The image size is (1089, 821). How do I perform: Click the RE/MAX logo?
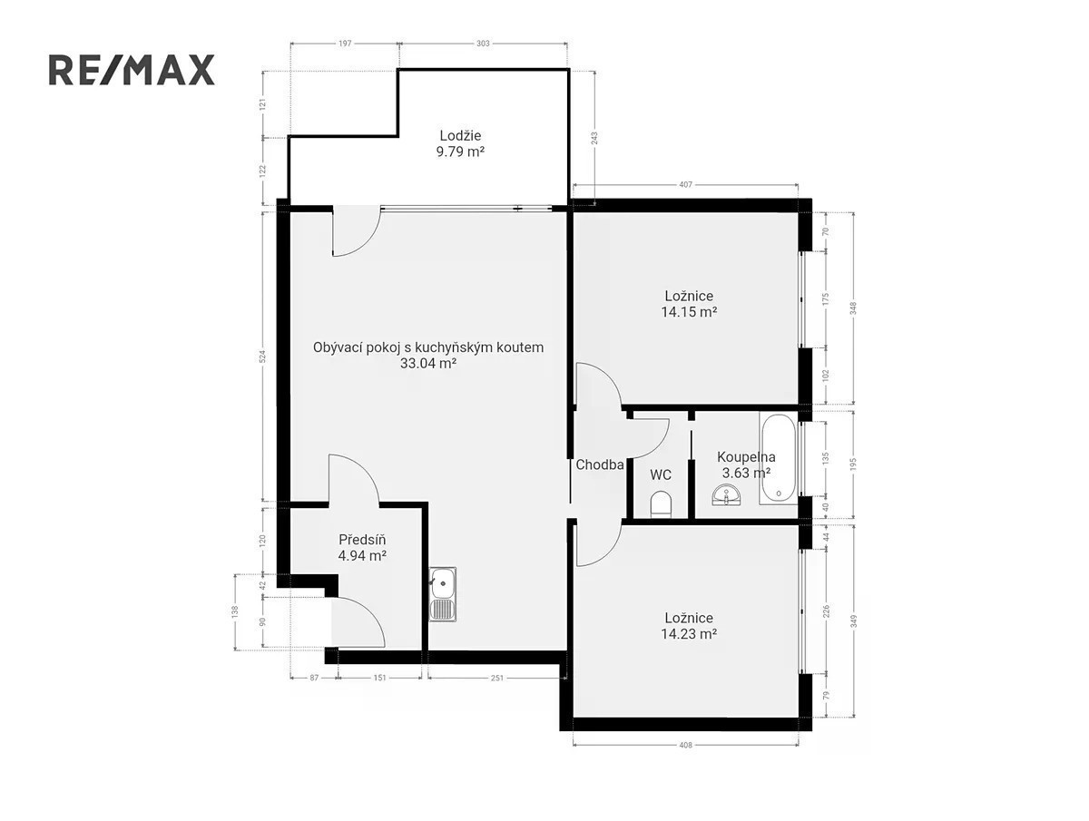coord(132,70)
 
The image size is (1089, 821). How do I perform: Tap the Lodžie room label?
coord(460,135)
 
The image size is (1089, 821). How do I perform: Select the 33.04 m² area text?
coord(428,364)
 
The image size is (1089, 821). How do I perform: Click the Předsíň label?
coord(362,540)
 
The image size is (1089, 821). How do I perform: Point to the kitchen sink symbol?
coord(443,594)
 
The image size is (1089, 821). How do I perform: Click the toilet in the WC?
coord(661,504)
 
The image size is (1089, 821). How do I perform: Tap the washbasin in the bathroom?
coord(727,495)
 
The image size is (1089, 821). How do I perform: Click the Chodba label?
coord(599,465)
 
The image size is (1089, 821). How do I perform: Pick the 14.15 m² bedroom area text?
coord(689,312)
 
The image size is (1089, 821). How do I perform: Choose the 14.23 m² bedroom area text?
coord(689,633)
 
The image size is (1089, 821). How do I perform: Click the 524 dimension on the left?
coord(263,357)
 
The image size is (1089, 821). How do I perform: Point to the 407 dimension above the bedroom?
coord(685,185)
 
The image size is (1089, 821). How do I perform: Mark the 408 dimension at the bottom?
coord(685,745)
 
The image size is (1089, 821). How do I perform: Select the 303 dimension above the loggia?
coord(483,44)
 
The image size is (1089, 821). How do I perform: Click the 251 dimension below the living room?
coord(497,678)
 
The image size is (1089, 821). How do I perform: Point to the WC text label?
coord(661,475)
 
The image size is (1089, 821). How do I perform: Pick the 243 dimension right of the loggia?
coord(594,138)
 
